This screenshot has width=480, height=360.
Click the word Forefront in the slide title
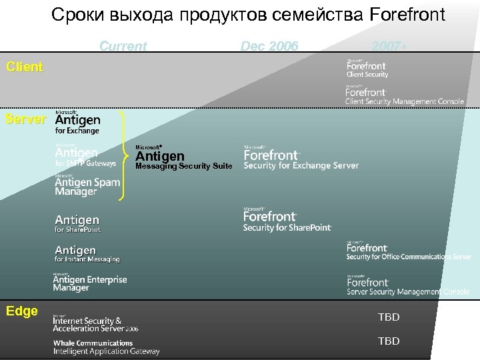tap(405, 14)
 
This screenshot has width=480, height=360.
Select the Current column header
tap(123, 46)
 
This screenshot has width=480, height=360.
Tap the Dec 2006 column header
tap(269, 46)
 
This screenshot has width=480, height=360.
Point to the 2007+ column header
tap(389, 46)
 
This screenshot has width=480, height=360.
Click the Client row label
tap(25, 67)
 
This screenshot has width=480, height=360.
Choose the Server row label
tap(25, 119)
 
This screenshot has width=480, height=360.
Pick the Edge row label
tap(22, 311)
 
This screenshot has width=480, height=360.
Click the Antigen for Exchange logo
tap(78, 122)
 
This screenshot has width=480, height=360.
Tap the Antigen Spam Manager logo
tap(87, 185)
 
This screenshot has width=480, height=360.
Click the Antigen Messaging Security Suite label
tap(183, 157)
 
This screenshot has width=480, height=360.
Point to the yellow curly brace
tap(125, 155)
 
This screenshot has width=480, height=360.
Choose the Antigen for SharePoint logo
tap(77, 223)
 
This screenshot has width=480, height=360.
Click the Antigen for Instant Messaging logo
tap(87, 254)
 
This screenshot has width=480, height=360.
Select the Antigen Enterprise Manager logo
tap(90, 283)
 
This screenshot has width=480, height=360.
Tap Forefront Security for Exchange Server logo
tap(300, 157)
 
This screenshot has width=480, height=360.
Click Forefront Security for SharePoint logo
tap(287, 220)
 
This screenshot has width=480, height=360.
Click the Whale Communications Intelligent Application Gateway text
tap(107, 347)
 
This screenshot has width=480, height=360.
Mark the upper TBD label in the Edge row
tap(389, 317)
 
